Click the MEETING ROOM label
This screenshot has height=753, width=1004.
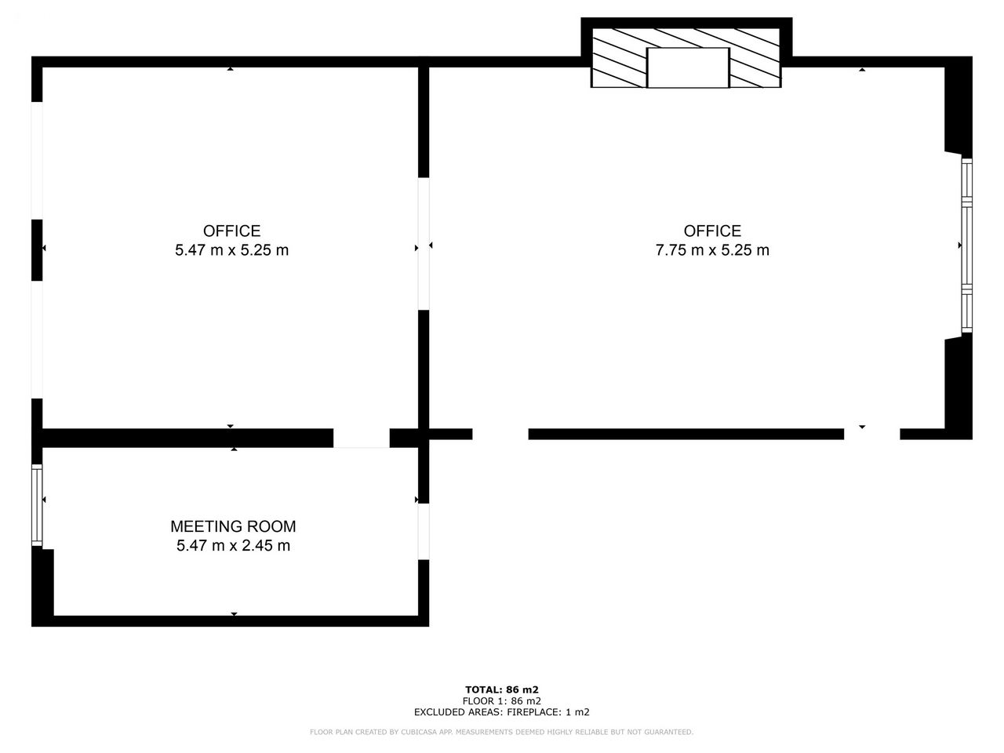tap(233, 526)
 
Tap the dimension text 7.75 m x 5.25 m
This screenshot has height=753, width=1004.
tap(711, 250)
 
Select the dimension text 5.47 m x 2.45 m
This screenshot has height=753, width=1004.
tap(233, 545)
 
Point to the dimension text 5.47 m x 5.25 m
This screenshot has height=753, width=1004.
tap(231, 250)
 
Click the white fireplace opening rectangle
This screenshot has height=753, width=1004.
tap(687, 67)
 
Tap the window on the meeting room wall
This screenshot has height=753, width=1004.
tap(37, 504)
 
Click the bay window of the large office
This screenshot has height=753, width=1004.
tap(966, 245)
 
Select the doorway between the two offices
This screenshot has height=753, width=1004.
tap(424, 244)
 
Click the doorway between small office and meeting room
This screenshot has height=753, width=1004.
tap(362, 438)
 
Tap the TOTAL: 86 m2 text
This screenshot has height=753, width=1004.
tap(502, 689)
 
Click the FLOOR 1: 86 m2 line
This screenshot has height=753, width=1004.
tap(502, 701)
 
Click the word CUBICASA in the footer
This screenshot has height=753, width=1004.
tap(417, 732)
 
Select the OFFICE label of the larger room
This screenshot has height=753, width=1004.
tap(712, 231)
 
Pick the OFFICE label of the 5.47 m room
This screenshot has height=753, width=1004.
tap(232, 231)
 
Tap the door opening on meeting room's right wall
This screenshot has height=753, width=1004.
tap(424, 531)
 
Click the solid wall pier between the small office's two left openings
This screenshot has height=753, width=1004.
tap(37, 250)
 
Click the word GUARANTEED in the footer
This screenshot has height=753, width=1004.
tap(668, 732)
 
